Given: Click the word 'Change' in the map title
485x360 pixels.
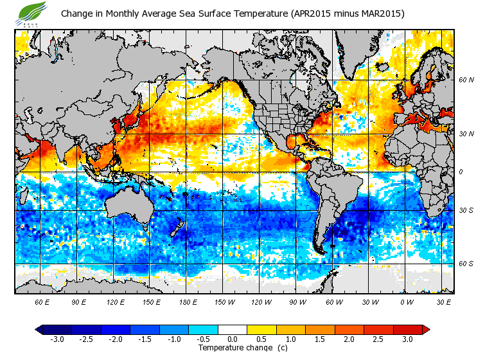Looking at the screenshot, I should pos(77,14).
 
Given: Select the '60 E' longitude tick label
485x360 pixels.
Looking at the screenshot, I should pos(42,301).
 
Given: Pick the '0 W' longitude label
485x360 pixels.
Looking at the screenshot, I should pos(406,301).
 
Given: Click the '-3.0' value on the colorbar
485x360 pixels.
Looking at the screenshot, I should pos(57,339).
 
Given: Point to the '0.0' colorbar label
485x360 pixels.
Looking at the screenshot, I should pos(233,339).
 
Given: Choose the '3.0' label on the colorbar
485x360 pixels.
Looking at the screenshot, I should pos(407,339).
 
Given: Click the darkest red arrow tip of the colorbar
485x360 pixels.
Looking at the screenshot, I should pos(426,329).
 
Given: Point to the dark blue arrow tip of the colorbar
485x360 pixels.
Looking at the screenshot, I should pos(39,329).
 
